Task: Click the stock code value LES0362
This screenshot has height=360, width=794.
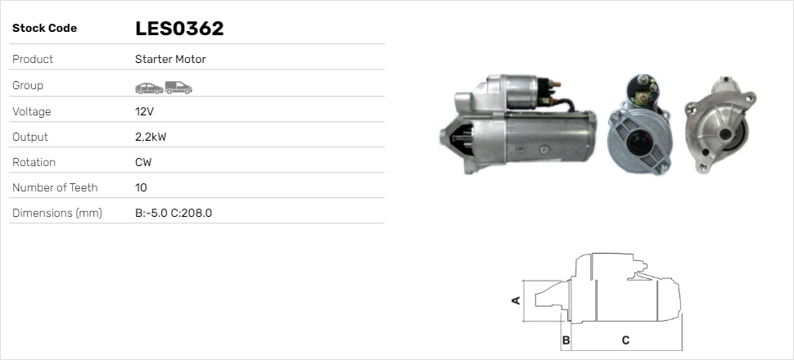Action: pos(179,29)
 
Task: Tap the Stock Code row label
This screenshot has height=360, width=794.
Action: pos(44,29)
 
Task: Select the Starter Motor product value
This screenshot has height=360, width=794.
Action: pos(170,60)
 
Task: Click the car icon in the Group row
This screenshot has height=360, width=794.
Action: pos(148,86)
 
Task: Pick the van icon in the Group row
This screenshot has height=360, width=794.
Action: pos(178,86)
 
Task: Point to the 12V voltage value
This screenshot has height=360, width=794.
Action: pos(144,111)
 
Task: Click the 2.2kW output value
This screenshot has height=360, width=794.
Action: pos(151,137)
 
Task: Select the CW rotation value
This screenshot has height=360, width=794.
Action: pos(143,162)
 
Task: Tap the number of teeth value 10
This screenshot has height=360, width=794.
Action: pos(141,187)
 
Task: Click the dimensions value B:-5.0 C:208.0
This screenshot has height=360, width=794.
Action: pos(174,214)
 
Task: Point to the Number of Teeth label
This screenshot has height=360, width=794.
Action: pos(55,187)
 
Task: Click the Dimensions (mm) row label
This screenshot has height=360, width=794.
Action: pos(56,214)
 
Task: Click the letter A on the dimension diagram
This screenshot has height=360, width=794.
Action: pos(516,300)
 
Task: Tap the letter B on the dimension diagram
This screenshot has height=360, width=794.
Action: pos(565,340)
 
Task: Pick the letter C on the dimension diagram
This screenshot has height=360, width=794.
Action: pos(625,340)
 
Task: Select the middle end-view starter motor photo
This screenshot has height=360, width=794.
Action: pos(639,127)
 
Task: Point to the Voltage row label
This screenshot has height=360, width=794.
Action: pos(32,111)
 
